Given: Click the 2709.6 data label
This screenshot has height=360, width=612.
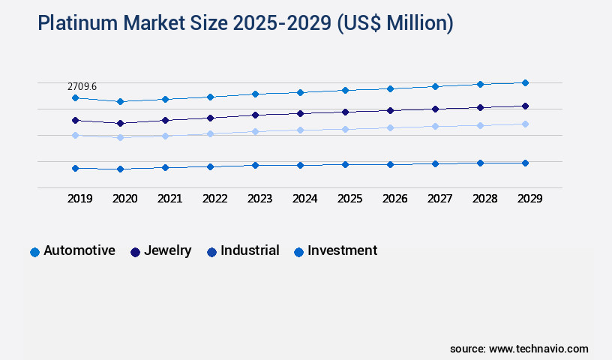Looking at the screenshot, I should coord(82,87).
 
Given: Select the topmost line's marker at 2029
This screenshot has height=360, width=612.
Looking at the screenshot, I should coord(525,82).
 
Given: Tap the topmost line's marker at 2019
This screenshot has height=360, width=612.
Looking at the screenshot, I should coord(75,97).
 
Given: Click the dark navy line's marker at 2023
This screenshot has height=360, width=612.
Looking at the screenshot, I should coord(255,115).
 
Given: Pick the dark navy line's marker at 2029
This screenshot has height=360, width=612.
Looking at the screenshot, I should coord(525,106).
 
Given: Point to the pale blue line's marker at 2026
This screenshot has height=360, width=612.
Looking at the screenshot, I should coord(390,127).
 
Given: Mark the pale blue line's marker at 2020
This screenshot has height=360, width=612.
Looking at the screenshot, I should coord(120,137).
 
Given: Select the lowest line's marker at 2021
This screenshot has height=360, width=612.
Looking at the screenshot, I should coord(165,167).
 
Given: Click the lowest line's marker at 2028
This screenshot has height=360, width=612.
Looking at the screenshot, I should coord(480,163).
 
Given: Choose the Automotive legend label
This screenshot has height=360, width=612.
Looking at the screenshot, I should coord(79,250).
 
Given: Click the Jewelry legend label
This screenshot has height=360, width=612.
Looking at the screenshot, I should coord(168,250).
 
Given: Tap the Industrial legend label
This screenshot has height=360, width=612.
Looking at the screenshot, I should coord(250,250).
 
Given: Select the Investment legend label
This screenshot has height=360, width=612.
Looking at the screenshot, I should coord(342,250).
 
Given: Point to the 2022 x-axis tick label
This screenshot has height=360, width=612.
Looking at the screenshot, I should coord(214,199).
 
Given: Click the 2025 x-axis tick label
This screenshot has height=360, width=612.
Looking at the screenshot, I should coord(349,199).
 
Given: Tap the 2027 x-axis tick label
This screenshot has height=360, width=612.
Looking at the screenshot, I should coord(439,199).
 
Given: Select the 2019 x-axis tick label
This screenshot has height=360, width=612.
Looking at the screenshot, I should coord(79,199).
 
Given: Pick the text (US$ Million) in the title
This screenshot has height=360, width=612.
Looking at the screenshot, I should coord(394,23).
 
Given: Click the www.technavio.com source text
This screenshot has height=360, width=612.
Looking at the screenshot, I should coord(538,349).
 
